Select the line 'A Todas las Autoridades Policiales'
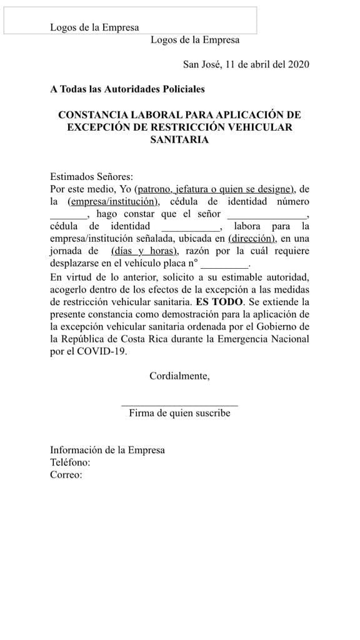click(x=127, y=89)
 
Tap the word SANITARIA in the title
click(x=179, y=140)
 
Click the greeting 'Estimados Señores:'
click(x=91, y=177)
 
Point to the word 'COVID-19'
click(x=107, y=352)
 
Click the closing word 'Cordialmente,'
click(x=179, y=376)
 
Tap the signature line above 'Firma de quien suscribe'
click(x=179, y=406)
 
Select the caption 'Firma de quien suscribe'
click(x=179, y=413)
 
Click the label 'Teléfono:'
click(x=71, y=462)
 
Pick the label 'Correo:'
click(x=66, y=475)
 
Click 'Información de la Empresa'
click(x=107, y=450)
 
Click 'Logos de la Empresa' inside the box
click(x=94, y=27)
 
